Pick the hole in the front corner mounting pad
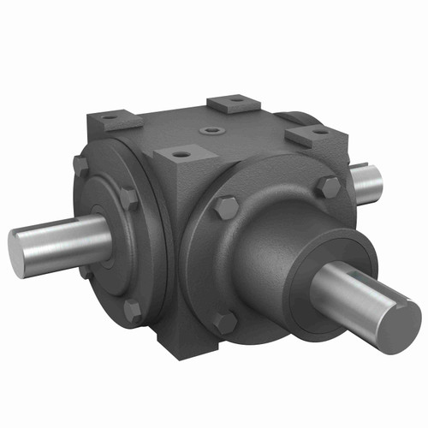tap(181, 155)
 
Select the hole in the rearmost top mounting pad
tap(234, 103)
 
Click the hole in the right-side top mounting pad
tap(318, 133)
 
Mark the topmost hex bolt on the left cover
tap(81, 163)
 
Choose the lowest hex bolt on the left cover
tap(133, 310)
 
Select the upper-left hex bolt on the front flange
tap(225, 206)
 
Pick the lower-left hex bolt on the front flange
tap(224, 322)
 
